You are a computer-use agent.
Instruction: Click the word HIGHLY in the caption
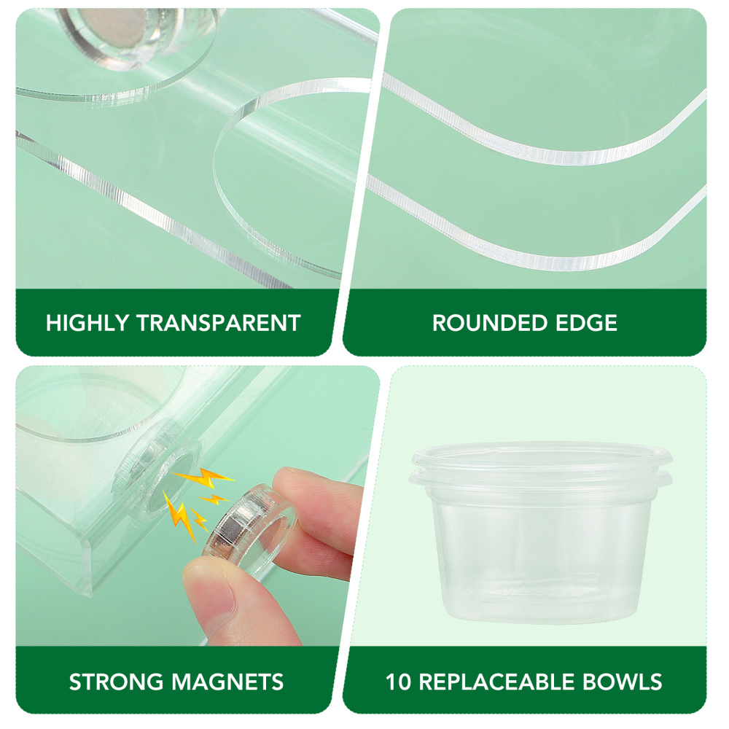click(x=87, y=323)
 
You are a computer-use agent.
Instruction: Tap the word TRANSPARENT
click(x=219, y=323)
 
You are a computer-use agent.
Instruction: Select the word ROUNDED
click(x=490, y=323)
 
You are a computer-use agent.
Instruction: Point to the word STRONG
click(x=117, y=682)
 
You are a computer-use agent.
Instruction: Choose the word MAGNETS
click(x=227, y=682)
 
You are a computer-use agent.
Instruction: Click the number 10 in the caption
click(x=399, y=682)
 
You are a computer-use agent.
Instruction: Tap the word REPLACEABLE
click(x=497, y=682)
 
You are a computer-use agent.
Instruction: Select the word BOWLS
click(x=623, y=682)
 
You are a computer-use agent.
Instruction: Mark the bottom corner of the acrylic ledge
click(x=88, y=594)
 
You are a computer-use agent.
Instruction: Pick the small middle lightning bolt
click(x=214, y=500)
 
